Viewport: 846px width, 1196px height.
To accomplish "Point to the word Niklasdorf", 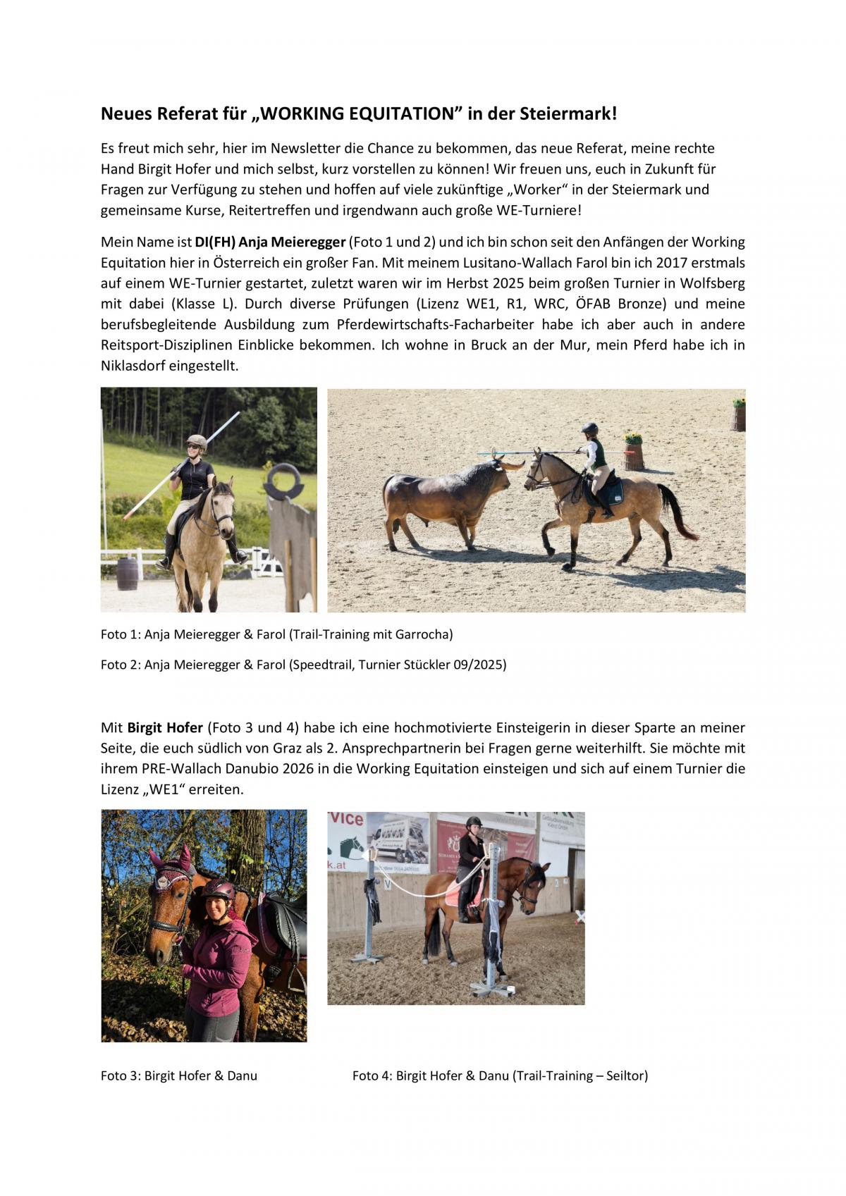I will (x=133, y=366).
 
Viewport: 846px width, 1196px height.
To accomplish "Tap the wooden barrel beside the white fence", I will (x=127, y=574).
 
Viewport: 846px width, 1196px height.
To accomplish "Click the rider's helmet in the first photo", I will (x=196, y=441).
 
